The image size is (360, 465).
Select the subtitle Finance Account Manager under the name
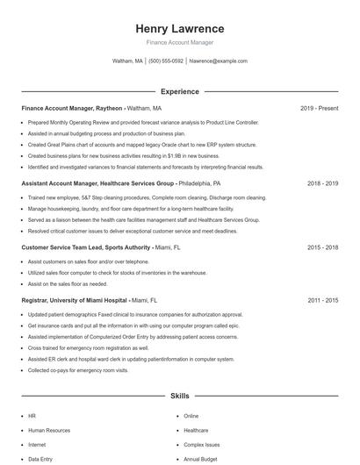point(180,42)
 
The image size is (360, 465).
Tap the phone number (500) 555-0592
point(166,61)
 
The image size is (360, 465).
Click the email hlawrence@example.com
point(219,61)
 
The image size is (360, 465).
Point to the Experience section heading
point(180,91)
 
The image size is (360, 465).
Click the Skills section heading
point(180,397)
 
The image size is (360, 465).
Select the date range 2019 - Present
point(319,108)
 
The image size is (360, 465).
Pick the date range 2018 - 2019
point(322,184)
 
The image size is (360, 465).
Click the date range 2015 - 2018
point(322,248)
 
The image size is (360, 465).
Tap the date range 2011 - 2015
point(322,300)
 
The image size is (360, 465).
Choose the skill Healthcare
point(196,430)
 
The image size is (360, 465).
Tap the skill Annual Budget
point(199,458)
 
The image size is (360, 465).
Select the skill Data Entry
point(40,458)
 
